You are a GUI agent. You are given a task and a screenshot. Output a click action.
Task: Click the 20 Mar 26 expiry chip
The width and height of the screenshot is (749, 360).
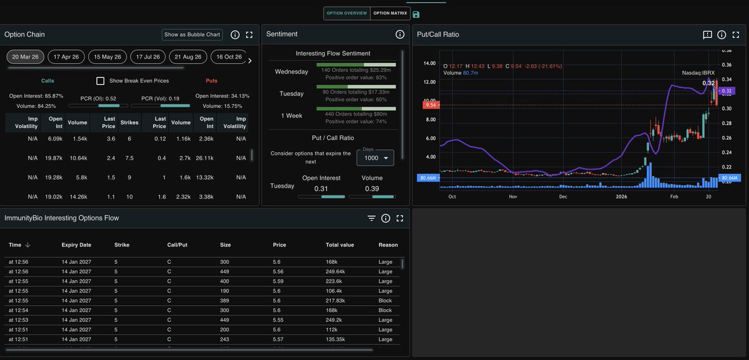tap(25, 57)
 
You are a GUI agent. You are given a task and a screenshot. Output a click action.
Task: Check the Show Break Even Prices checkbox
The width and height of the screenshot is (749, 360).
tap(100, 80)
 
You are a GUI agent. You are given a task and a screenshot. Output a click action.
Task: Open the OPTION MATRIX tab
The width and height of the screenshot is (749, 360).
tap(389, 13)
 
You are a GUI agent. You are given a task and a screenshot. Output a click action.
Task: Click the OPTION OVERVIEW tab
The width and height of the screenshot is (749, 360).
tap(346, 13)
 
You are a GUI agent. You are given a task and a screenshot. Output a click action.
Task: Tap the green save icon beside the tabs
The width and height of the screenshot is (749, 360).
tap(416, 14)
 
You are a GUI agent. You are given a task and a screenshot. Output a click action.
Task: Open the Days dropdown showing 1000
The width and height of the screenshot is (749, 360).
tap(375, 158)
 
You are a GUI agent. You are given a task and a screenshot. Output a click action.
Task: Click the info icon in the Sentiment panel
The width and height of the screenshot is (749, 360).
tap(400, 34)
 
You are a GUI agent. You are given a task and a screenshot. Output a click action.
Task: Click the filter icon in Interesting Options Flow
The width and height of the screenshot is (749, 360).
tap(371, 218)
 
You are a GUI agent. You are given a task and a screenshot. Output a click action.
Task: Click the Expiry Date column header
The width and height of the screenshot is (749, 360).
tap(76, 245)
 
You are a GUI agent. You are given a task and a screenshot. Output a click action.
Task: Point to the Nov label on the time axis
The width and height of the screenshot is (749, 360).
tap(512, 196)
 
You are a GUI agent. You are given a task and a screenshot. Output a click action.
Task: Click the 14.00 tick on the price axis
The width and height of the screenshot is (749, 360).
tap(429, 64)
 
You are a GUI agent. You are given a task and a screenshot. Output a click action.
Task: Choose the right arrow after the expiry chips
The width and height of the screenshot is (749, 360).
tap(250, 61)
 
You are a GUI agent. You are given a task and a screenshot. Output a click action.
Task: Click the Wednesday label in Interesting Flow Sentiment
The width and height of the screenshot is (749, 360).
tap(291, 72)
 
